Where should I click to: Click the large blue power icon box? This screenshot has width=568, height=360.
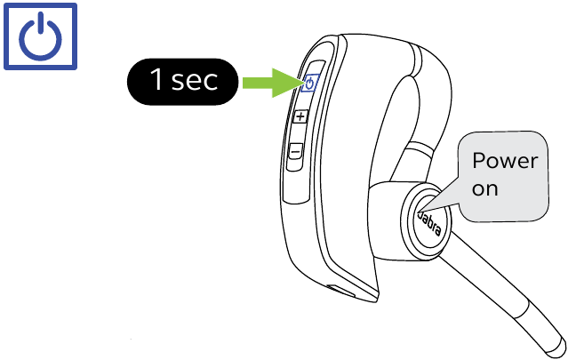click(40, 36)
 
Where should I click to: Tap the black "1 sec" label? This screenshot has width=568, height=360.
click(182, 82)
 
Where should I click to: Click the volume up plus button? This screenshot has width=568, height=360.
click(300, 116)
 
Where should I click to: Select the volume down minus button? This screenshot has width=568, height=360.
click(296, 150)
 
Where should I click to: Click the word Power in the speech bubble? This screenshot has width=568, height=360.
click(505, 160)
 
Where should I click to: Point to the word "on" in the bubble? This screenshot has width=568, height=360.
click(484, 188)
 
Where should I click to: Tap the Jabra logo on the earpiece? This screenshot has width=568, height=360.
click(430, 222)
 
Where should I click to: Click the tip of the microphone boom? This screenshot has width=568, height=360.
click(556, 349)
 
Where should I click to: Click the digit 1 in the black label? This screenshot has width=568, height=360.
click(157, 79)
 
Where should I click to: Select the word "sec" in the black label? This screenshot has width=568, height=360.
click(195, 81)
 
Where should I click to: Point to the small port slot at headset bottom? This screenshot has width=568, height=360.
click(340, 290)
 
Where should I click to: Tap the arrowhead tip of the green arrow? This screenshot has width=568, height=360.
click(301, 83)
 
